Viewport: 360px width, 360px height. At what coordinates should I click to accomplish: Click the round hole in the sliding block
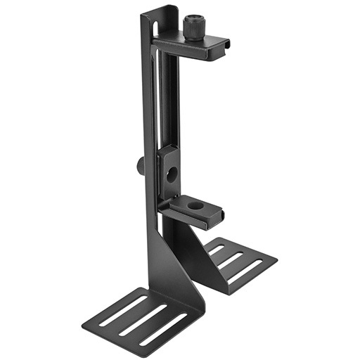click(x=171, y=175)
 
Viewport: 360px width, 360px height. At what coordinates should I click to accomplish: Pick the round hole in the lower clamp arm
click(x=195, y=205)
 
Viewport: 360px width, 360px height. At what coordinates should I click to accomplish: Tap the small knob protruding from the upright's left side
click(x=141, y=166)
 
